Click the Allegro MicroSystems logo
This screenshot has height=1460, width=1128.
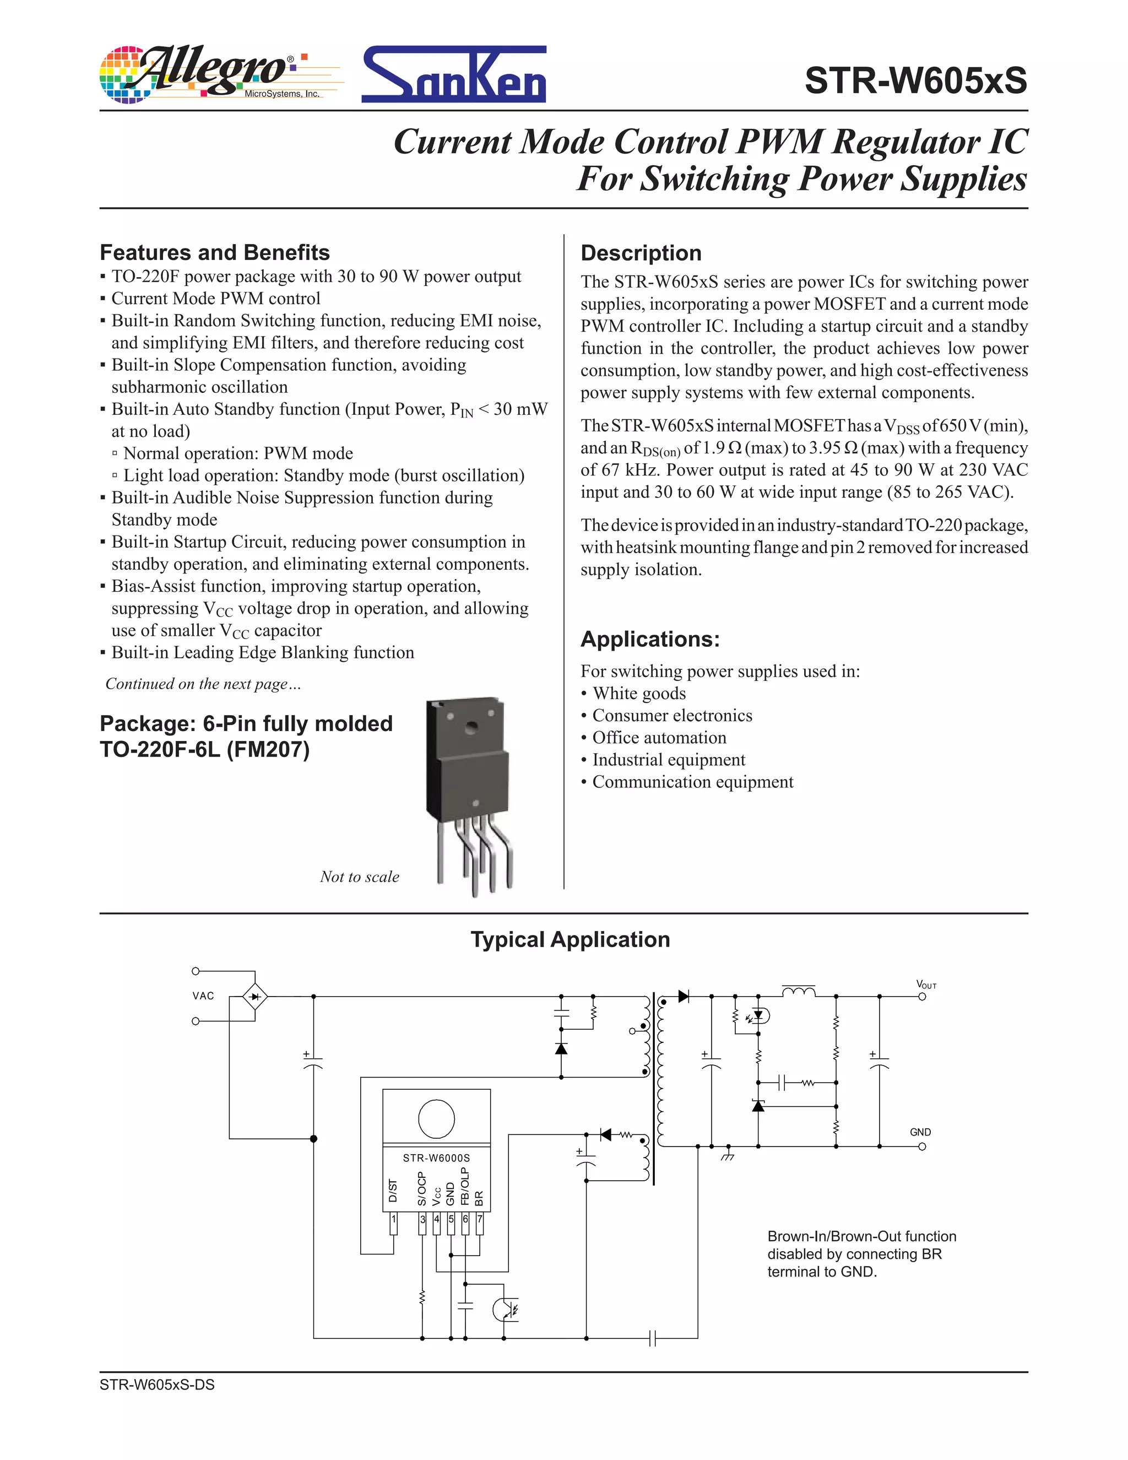pyautogui.click(x=220, y=75)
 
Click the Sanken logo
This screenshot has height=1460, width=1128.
pyautogui.click(x=454, y=75)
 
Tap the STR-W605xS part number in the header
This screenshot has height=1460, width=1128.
pyautogui.click(x=915, y=81)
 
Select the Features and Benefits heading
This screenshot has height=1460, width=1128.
pyautogui.click(x=214, y=253)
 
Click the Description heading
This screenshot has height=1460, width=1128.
pyautogui.click(x=641, y=253)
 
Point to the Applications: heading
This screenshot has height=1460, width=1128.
pyautogui.click(x=649, y=639)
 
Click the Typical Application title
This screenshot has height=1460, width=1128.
pyautogui.click(x=570, y=939)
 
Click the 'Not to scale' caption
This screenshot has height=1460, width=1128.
pyautogui.click(x=360, y=877)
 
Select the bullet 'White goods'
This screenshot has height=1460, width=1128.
pyautogui.click(x=639, y=693)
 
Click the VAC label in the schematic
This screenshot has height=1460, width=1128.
pyautogui.click(x=203, y=996)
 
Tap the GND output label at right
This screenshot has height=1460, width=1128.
pyautogui.click(x=920, y=1132)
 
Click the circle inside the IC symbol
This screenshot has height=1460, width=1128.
pyautogui.click(x=436, y=1118)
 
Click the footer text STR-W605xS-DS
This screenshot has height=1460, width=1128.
pyautogui.click(x=157, y=1385)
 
